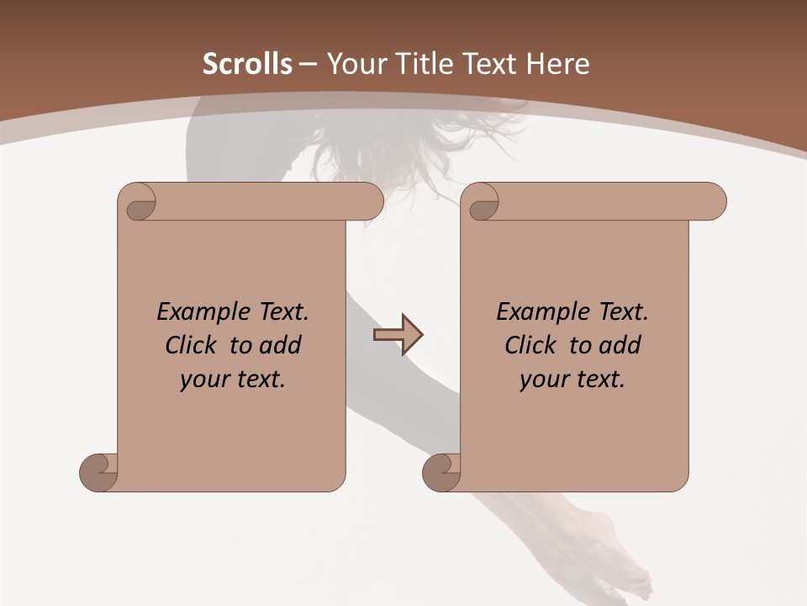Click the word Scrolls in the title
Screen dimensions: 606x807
tap(247, 64)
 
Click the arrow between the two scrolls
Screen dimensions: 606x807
tap(398, 335)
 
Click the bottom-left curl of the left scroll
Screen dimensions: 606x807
tap(98, 471)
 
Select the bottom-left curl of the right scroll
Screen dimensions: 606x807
tap(441, 471)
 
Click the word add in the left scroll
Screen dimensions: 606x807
tap(280, 345)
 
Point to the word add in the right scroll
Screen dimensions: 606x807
tap(620, 345)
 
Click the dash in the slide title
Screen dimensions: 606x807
tap(308, 64)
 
